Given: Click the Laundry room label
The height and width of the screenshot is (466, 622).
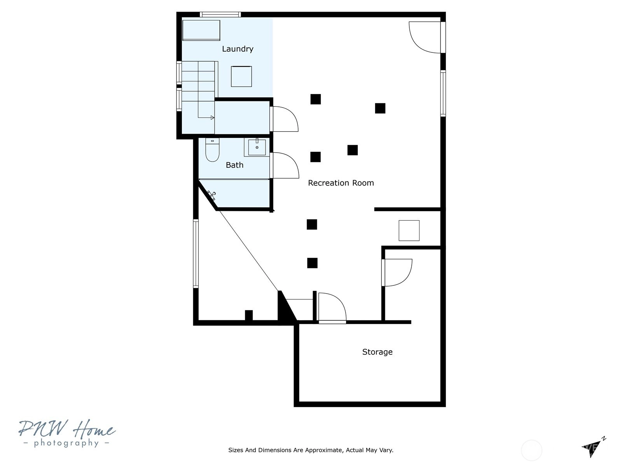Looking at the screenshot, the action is point(238,49).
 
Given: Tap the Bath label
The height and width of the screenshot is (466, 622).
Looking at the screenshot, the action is point(234,165).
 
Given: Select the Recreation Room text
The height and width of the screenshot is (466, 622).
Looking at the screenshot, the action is point(341,183).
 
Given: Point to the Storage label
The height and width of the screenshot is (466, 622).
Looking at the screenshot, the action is point(377,352).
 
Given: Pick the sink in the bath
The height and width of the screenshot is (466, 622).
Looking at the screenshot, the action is point(257,147).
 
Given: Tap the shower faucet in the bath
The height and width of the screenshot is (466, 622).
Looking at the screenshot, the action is point(212,195).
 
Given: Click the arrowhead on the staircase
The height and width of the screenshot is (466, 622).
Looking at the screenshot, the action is point(213,118).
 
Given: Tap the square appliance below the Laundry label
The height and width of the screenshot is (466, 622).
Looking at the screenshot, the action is point(241,77).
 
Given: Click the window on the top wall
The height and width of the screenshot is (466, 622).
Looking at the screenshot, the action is point(220,14).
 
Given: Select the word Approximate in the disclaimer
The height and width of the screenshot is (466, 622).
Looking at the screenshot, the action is point(324,450).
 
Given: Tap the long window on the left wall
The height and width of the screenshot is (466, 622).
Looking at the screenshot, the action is point(196,254).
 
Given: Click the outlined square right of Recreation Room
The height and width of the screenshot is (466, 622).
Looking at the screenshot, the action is point(409,231).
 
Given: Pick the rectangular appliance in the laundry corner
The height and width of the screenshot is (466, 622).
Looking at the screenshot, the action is point(201,30).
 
